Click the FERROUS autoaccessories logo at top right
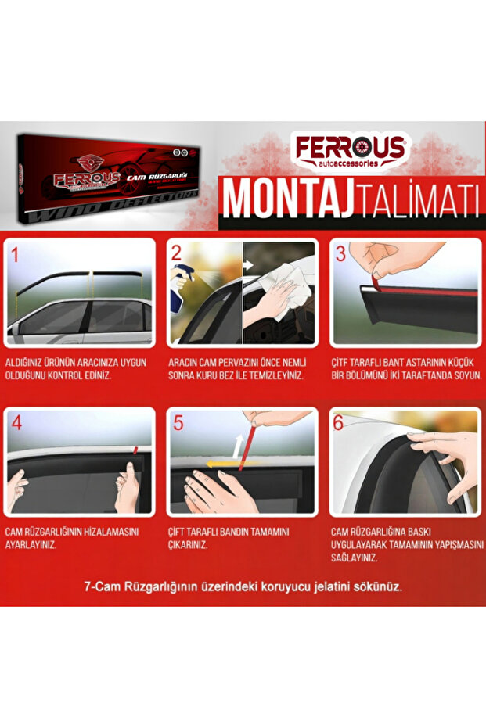pos(350,150)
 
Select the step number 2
pos(176,253)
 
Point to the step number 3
pos(340,253)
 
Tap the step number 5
pos(178,424)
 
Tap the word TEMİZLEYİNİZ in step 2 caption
pos(271,375)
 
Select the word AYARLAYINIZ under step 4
pos(31,545)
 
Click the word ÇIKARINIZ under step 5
pos(189,545)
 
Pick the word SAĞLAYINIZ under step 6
pos(355,558)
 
